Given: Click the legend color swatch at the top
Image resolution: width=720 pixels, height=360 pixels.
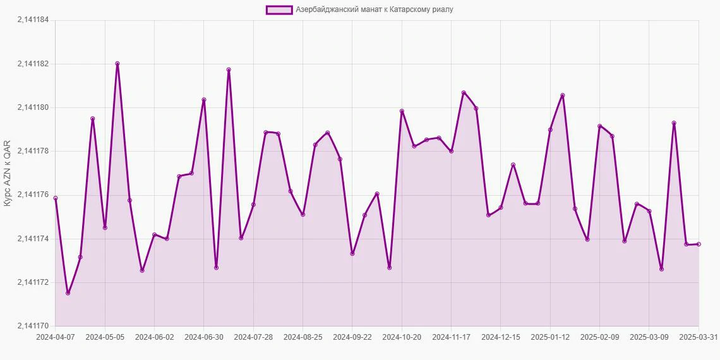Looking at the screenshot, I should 279,9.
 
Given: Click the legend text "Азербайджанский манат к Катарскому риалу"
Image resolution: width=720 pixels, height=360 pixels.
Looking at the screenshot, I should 375,9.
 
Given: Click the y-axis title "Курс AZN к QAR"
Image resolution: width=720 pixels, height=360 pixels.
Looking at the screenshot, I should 8,173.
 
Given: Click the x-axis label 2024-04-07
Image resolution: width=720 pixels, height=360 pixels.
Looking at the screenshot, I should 56,337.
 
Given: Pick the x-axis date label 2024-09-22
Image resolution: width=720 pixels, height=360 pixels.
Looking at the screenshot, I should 352,337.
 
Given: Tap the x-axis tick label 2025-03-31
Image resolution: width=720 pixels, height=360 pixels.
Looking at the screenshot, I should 698,337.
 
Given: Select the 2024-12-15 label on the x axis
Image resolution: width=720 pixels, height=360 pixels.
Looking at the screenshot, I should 501,337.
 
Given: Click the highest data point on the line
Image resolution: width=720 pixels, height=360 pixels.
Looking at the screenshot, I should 117,64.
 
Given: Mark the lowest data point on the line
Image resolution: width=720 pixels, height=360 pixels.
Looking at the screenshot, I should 68,293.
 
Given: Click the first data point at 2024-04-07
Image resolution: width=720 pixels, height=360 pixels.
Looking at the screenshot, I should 56,198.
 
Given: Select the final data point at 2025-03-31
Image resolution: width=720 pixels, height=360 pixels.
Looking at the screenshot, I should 699,244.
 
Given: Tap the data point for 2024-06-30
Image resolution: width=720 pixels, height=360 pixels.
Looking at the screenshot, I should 204,100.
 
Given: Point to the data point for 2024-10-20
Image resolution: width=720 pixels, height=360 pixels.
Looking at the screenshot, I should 402,111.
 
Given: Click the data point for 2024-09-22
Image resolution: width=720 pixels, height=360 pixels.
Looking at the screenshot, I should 352,254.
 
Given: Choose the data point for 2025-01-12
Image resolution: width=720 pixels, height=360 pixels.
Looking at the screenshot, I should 550,129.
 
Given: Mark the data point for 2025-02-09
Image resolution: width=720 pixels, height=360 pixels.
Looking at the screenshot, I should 599,126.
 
